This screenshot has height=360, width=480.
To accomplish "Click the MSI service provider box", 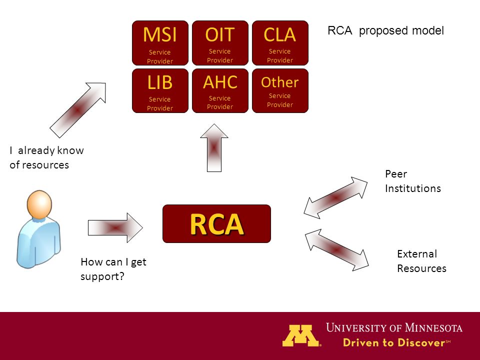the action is [160, 43].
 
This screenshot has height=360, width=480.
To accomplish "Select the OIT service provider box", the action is [220, 43].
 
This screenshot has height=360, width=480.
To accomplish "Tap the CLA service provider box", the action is [280, 43].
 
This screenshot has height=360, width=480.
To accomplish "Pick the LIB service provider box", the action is [160, 90].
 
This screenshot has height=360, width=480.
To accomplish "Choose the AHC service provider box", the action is [220, 90].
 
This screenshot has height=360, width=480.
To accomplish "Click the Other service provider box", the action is [280, 90].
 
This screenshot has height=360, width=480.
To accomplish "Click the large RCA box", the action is [216, 224].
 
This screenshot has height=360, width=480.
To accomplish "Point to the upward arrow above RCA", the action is [214, 148].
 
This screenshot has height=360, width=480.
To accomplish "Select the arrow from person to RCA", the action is [115, 228].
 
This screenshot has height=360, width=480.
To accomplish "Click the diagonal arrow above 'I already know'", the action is [78, 109].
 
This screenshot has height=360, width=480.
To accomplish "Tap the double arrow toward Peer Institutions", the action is [335, 198].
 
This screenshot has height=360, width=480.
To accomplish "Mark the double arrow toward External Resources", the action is [336, 250].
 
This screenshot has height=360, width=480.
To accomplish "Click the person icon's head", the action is [39, 204].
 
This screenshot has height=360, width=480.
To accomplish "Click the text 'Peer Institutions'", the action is [413, 181].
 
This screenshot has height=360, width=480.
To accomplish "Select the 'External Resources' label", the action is [421, 261].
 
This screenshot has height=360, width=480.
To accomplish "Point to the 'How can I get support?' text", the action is [113, 269].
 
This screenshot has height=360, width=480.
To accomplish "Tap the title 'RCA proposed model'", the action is [385, 30].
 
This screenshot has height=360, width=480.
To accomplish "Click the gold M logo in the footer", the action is [301, 335].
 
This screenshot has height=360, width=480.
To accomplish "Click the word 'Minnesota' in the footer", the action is [433, 328].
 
